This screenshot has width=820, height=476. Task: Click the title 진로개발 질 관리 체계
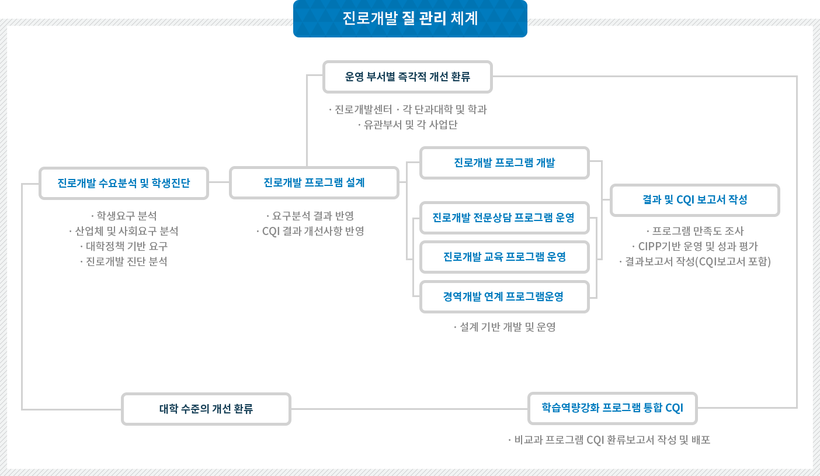click(410, 19)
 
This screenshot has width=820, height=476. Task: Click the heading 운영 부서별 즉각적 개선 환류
click(408, 77)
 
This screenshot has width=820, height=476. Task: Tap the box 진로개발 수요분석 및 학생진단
click(123, 183)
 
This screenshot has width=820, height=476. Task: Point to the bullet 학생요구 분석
click(123, 216)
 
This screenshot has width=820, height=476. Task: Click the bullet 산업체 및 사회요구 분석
click(123, 231)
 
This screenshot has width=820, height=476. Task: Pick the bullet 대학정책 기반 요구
click(123, 246)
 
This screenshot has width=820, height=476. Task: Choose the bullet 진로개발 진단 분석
click(123, 261)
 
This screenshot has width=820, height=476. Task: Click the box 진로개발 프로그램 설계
click(314, 182)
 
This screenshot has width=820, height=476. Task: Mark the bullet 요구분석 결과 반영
click(310, 216)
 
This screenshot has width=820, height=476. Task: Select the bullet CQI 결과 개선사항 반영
click(310, 231)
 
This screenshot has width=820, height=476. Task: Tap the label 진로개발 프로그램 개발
click(504, 163)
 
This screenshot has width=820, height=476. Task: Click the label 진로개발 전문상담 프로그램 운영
click(503, 218)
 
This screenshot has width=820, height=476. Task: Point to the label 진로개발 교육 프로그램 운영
click(504, 257)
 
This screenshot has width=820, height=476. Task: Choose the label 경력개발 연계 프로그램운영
click(503, 296)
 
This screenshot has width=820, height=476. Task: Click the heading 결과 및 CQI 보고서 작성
click(694, 199)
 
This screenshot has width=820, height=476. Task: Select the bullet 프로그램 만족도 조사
click(695, 231)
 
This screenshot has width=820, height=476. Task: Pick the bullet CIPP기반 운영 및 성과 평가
click(694, 246)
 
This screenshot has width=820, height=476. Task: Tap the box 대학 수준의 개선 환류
click(206, 409)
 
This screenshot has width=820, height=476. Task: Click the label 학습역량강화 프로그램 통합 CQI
click(612, 408)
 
